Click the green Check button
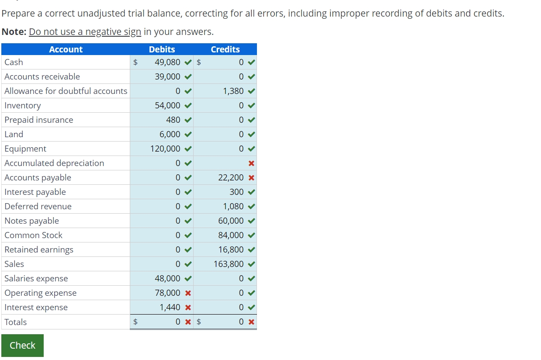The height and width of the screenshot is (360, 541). coord(22,345)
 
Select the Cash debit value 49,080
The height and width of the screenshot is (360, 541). coord(167,62)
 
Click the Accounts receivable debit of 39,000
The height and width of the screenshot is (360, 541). coord(167,76)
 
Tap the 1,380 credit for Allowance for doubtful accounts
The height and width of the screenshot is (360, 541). coord(233,91)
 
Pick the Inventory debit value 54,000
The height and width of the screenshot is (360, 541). coord(167,105)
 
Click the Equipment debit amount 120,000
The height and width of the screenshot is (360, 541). coord(165,149)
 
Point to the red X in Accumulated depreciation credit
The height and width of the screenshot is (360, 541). coord(251,163)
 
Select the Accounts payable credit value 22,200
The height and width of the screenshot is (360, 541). coord(231,177)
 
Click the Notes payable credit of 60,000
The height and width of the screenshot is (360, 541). coord(231,221)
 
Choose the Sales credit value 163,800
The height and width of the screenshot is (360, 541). coord(229,264)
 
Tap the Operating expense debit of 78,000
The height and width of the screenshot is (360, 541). coord(167,293)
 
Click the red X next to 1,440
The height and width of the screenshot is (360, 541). coord(188,308)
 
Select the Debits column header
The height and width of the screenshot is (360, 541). coord(162,49)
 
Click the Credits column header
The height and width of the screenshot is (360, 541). coord(225,49)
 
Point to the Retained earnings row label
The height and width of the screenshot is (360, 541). coord(39,249)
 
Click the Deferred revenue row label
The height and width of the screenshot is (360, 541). coord(38,206)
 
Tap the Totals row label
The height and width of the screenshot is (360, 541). coord(16,322)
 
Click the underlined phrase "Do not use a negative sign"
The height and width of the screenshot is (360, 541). coord(85,32)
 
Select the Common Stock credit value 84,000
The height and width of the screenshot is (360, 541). coord(231,235)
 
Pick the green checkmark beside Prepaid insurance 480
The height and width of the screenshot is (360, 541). coord(188,120)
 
